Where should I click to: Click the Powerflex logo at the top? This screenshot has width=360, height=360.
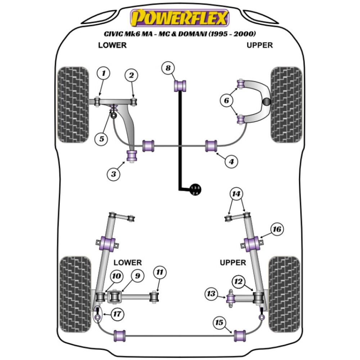[x=180, y=18]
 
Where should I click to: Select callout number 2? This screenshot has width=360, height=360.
[x=131, y=75]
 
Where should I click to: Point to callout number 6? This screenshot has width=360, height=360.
[x=226, y=101]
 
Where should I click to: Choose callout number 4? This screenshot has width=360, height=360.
[x=231, y=162]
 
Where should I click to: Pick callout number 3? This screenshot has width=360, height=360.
[x=113, y=175]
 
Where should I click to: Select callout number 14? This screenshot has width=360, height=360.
[x=236, y=194]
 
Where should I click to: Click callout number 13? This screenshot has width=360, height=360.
[x=211, y=294]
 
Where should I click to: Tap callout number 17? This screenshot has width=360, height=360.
[x=116, y=314]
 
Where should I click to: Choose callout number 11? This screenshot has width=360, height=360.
[x=160, y=273]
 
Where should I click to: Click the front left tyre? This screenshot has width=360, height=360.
[x=73, y=104]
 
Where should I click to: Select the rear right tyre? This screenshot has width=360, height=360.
[x=284, y=290]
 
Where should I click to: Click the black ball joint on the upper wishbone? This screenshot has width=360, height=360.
[x=266, y=102]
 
